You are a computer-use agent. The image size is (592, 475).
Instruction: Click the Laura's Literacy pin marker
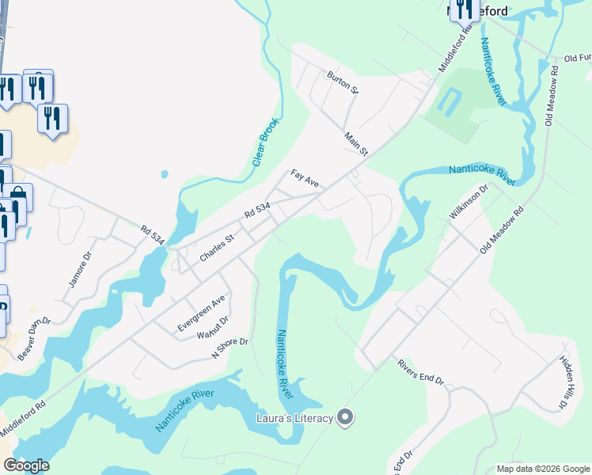(x=344, y=416)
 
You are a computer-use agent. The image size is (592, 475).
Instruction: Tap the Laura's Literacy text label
(x=294, y=418)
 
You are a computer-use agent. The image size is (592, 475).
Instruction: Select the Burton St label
(x=343, y=82)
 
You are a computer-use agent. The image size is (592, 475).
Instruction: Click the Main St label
(x=356, y=143)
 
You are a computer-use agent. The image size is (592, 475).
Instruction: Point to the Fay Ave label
(x=305, y=178)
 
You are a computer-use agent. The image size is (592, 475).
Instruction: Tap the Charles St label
(x=218, y=247)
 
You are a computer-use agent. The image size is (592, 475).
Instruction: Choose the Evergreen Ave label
(x=202, y=312)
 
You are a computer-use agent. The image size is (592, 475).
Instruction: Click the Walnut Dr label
(x=213, y=329)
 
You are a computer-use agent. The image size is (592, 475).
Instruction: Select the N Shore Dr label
(x=230, y=349)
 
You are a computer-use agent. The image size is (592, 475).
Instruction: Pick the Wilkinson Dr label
(x=470, y=202)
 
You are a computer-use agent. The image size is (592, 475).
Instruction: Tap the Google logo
(x=26, y=465)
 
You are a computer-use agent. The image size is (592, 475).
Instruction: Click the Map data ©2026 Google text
(x=542, y=469)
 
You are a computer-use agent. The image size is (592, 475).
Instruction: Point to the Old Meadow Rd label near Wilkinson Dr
(x=503, y=230)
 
